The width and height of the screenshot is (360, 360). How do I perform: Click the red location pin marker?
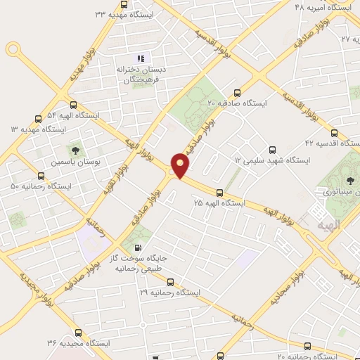pos(181,165)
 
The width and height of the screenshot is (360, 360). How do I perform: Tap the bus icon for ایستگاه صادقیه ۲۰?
pos(237,93)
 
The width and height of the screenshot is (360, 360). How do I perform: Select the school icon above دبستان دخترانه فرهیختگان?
pos(141,58)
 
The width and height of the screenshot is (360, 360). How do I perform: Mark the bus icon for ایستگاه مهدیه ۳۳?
pos(124,5)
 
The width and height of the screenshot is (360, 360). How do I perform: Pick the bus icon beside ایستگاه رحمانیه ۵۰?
pos(39,176)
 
